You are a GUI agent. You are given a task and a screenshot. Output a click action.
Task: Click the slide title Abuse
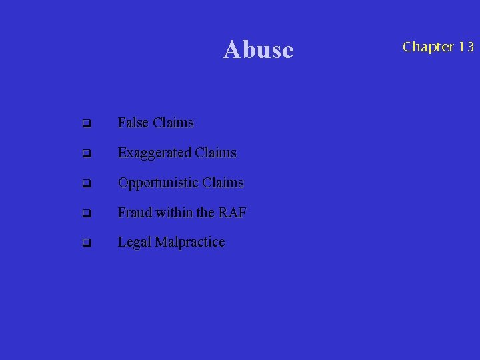pyautogui.click(x=258, y=49)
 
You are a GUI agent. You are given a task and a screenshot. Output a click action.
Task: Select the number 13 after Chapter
pyautogui.click(x=465, y=47)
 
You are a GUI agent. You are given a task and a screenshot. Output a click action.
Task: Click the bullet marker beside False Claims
pyautogui.click(x=86, y=124)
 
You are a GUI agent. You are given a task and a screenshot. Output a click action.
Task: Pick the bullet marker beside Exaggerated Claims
pyautogui.click(x=86, y=154)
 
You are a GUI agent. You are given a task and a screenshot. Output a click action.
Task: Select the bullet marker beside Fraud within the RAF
pyautogui.click(x=86, y=214)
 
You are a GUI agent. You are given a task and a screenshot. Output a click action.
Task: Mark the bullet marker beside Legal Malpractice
pyautogui.click(x=86, y=243)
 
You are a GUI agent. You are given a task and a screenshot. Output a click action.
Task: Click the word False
pyautogui.click(x=133, y=123)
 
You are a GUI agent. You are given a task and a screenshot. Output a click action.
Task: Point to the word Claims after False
pyautogui.click(x=173, y=123)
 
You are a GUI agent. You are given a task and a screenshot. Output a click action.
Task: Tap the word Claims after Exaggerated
pyautogui.click(x=216, y=153)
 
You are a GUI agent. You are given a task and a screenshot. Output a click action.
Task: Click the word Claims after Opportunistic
pyautogui.click(x=223, y=183)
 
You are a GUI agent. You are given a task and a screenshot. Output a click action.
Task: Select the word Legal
pyautogui.click(x=134, y=243)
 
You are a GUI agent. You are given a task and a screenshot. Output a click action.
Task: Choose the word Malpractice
pyautogui.click(x=190, y=243)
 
